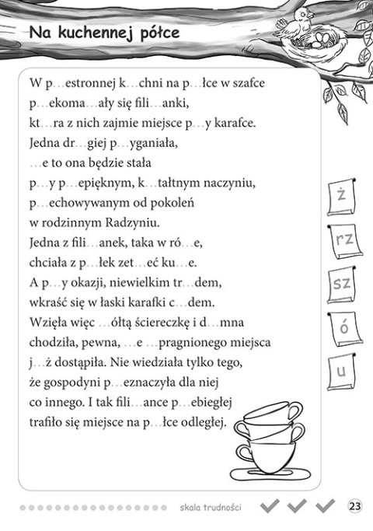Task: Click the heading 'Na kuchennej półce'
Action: [x=103, y=33]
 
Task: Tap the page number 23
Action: [x=355, y=507]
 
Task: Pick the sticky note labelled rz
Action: [x=342, y=241]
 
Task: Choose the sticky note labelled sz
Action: [x=341, y=284]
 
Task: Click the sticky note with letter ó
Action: [x=342, y=328]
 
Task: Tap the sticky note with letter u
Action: [x=340, y=372]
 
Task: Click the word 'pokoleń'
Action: [x=170, y=203]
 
